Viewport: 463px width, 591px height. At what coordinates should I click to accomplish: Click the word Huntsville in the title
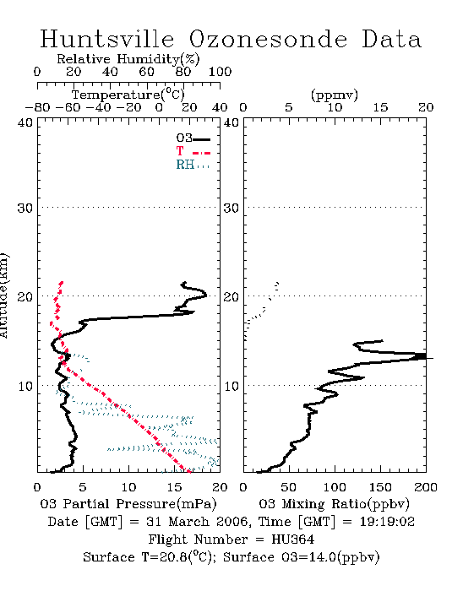[106, 39]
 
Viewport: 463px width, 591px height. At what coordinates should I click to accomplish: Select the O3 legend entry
[193, 138]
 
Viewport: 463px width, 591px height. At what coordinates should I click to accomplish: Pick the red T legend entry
[193, 151]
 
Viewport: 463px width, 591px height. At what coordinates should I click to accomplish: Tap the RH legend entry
[193, 165]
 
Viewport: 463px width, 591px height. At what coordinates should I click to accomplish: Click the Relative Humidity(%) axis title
[128, 59]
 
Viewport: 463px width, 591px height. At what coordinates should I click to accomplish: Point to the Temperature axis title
[128, 95]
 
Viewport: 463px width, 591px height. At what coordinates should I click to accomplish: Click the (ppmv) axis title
[335, 95]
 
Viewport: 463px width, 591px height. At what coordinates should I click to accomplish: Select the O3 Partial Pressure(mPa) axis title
[128, 504]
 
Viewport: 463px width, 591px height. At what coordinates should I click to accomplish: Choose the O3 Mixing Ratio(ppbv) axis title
[334, 504]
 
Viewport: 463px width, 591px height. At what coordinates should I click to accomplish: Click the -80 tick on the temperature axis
[37, 108]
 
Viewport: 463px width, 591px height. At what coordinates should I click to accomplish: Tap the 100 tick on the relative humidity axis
[220, 72]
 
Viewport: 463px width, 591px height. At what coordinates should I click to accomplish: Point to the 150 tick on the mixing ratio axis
[380, 487]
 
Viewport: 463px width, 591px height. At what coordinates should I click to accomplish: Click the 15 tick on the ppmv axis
[380, 108]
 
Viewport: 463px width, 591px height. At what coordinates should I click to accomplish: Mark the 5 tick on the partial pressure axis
[83, 487]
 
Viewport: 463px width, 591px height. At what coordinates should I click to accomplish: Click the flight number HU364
[292, 539]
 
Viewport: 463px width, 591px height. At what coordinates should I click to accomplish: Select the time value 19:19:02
[387, 522]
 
